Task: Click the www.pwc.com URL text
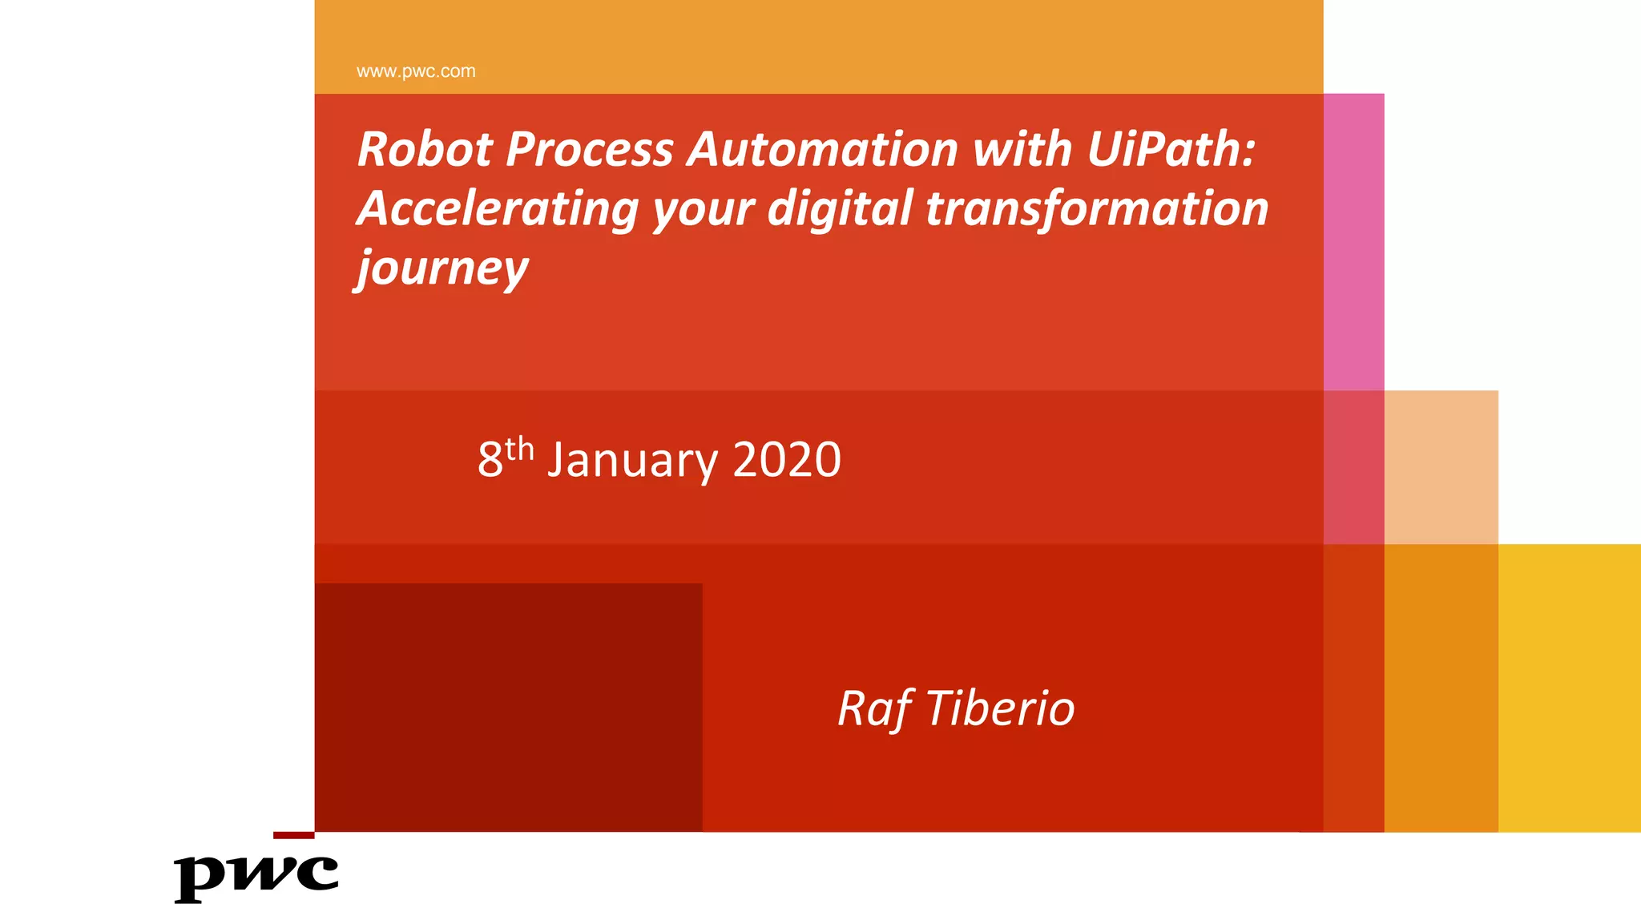point(415,71)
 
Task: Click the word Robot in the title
point(425,149)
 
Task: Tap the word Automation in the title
point(822,149)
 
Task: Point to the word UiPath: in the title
point(1171,149)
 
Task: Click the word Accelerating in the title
point(498,209)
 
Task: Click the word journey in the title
point(442,268)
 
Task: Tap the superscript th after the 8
point(519,449)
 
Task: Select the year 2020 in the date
point(786,460)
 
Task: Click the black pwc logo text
point(256,877)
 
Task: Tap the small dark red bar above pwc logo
point(293,835)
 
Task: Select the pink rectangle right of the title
point(1353,240)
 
